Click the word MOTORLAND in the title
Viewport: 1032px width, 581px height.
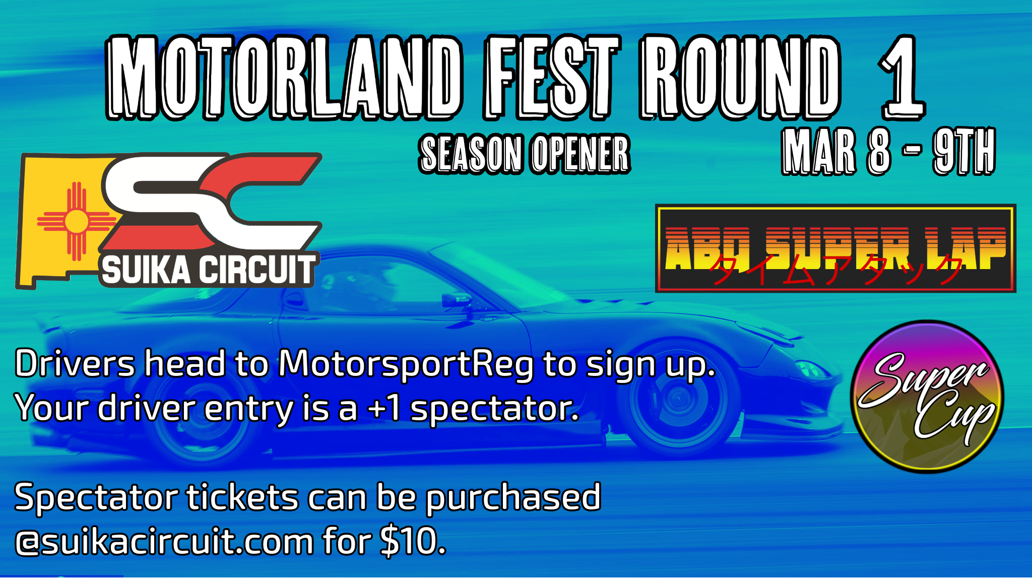tap(284, 78)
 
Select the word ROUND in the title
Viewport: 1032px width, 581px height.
tap(740, 78)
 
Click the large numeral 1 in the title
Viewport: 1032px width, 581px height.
tap(902, 78)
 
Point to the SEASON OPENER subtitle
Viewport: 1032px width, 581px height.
tap(525, 154)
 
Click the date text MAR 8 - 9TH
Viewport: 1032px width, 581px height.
tap(888, 151)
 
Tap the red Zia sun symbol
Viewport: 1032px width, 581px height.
tap(77, 221)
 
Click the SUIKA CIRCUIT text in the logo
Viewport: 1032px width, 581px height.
tap(208, 270)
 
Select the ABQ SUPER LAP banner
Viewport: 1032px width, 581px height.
tap(835, 248)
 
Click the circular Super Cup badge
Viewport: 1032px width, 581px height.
tap(927, 397)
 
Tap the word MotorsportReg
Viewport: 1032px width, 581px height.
tap(406, 364)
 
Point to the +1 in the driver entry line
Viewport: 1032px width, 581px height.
tap(385, 408)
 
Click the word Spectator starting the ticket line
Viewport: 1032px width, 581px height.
tap(96, 498)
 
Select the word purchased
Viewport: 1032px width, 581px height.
tap(513, 498)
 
